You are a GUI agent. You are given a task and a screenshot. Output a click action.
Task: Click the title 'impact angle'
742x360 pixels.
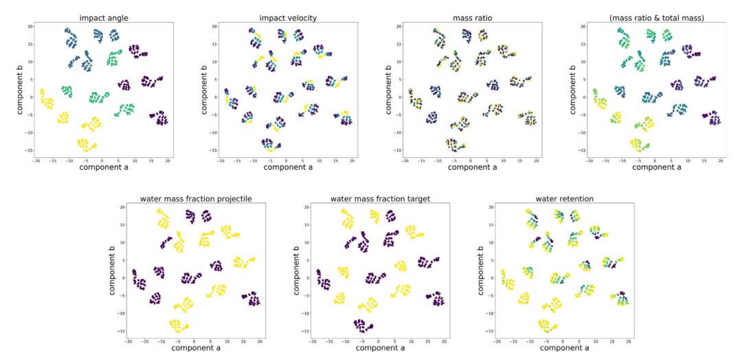pos(102,17)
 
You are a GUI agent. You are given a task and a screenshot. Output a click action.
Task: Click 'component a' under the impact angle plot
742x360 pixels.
pos(102,167)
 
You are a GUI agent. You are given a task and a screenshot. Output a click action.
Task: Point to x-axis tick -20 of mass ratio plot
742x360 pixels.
pos(404,160)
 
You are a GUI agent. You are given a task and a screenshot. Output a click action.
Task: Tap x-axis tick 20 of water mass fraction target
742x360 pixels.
pos(444,341)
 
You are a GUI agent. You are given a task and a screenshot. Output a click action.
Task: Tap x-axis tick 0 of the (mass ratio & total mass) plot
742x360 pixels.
pos(655,160)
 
